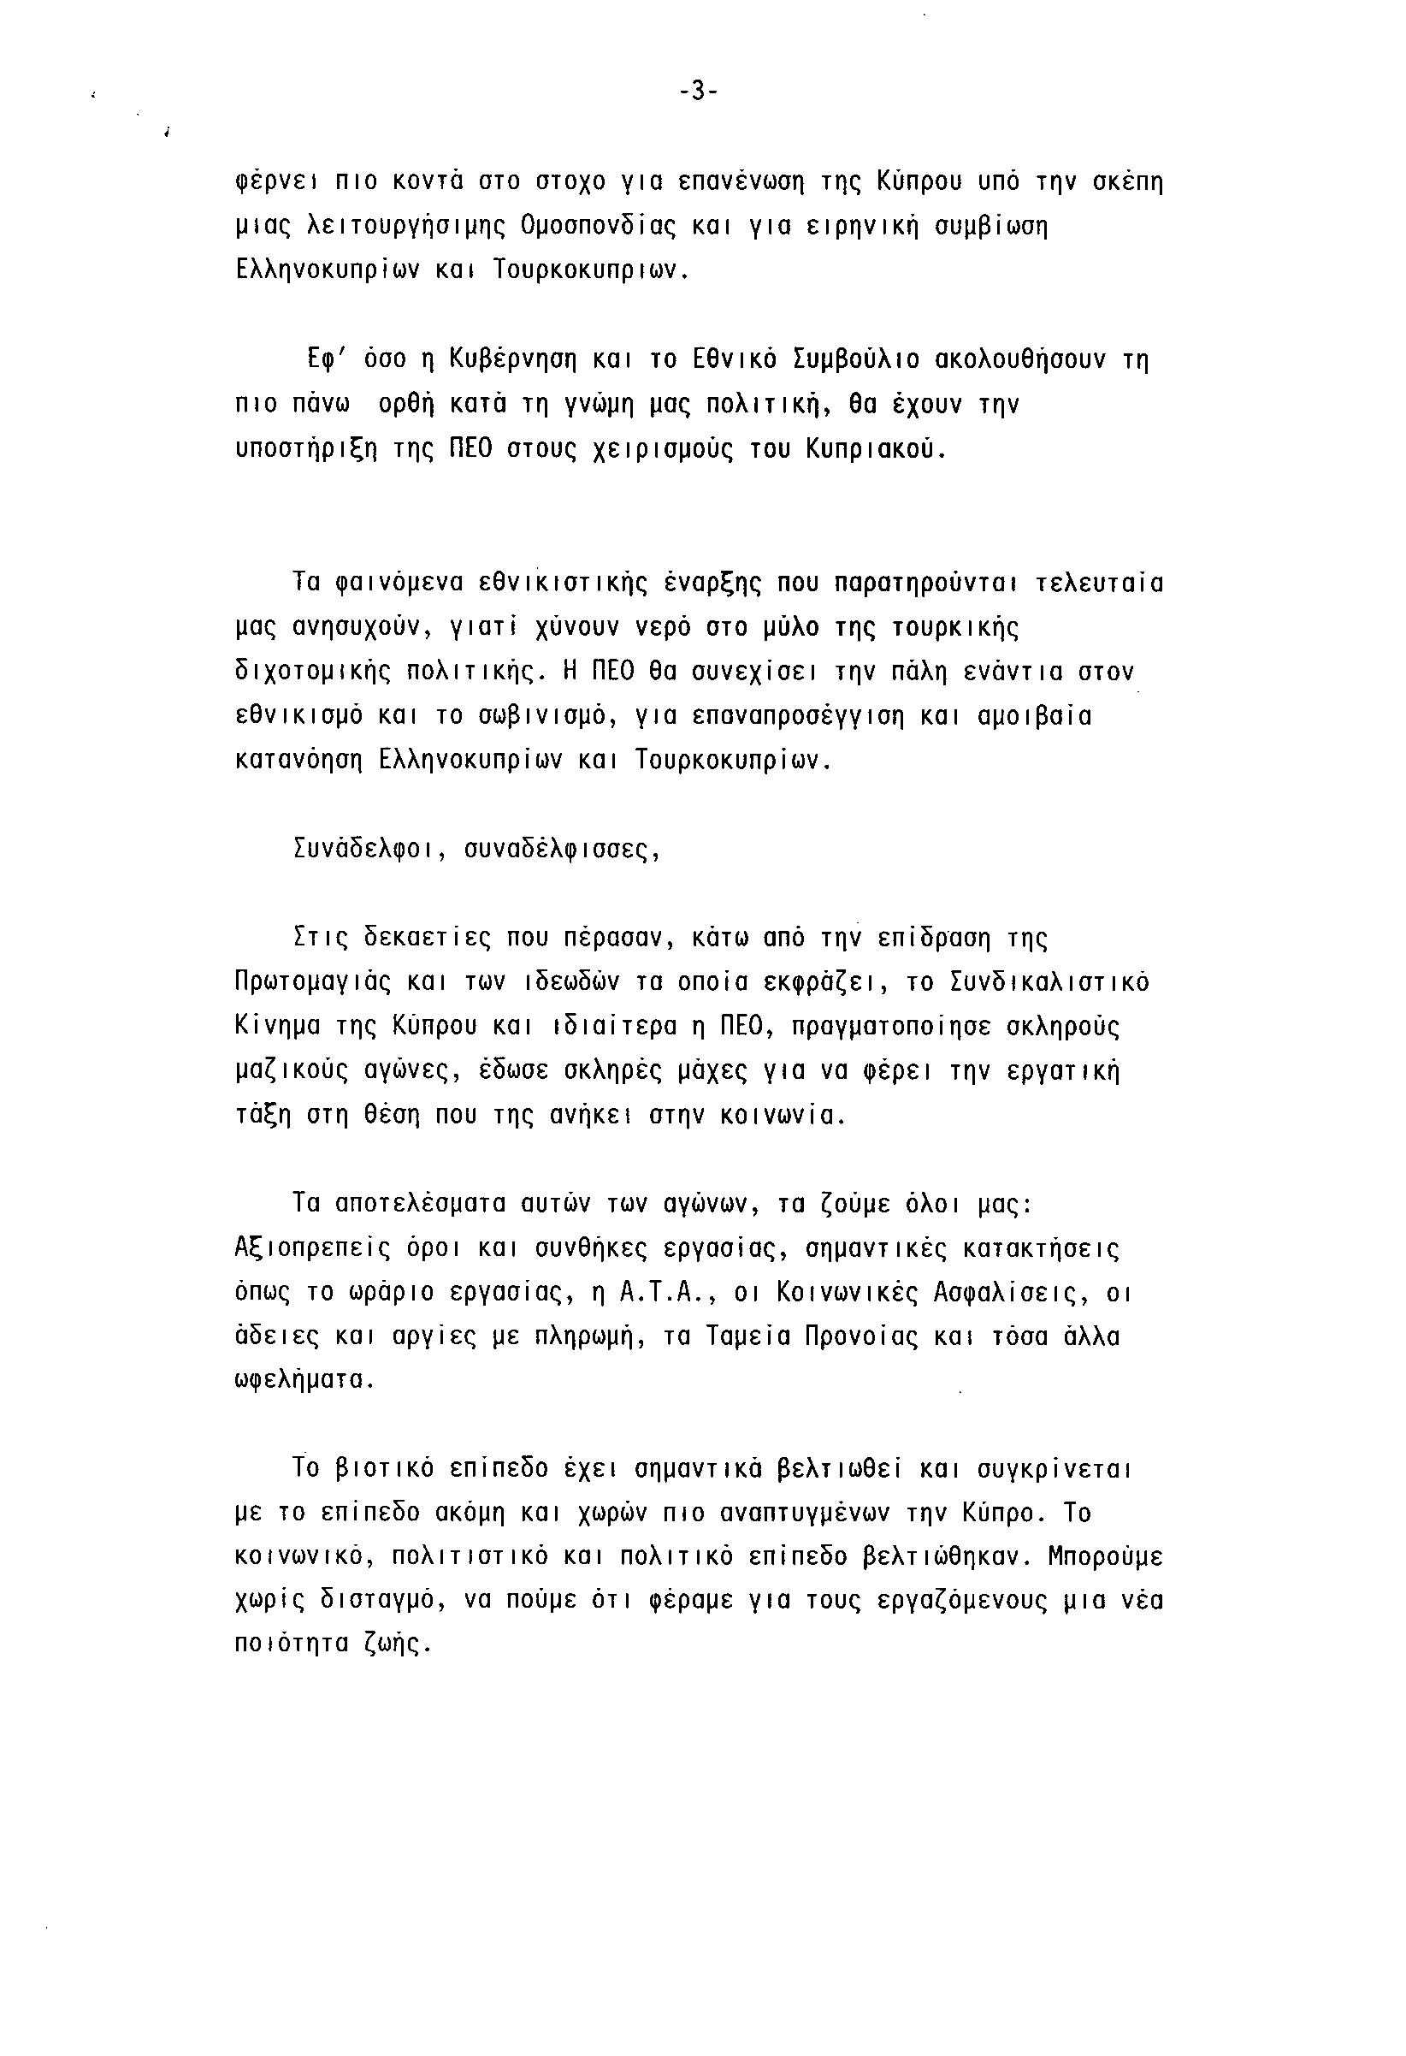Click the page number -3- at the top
[699, 92]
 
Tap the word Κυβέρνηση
[513, 360]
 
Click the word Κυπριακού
[876, 449]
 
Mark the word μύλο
[793, 628]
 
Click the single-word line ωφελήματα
[305, 1382]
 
